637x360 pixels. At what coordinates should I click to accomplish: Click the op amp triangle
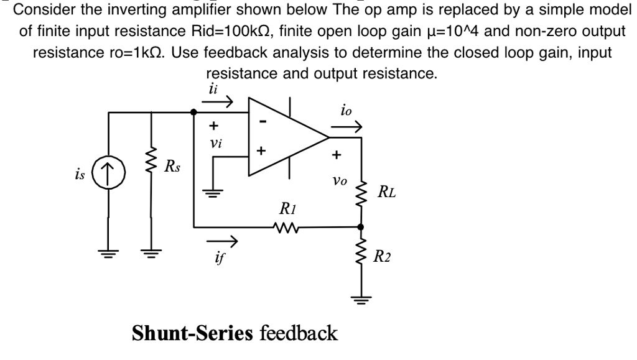click(286, 136)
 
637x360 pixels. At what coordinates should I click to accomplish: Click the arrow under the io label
click(346, 127)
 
